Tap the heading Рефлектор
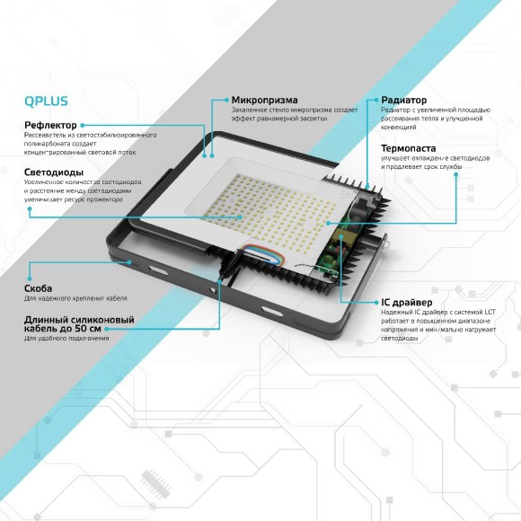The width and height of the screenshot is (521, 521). (x=50, y=125)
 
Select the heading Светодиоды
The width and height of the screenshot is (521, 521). (x=54, y=171)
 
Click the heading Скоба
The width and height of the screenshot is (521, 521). (x=39, y=288)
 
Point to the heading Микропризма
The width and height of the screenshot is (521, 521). (x=265, y=100)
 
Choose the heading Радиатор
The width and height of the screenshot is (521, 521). (x=403, y=100)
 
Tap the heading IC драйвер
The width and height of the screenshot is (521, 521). (x=406, y=302)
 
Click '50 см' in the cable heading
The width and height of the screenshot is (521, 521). (x=120, y=329)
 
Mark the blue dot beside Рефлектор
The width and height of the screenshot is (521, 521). (x=83, y=125)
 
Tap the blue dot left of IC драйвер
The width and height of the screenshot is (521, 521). (x=373, y=302)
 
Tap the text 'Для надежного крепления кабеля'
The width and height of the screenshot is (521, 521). (x=75, y=298)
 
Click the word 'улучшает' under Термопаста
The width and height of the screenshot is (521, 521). (x=396, y=158)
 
